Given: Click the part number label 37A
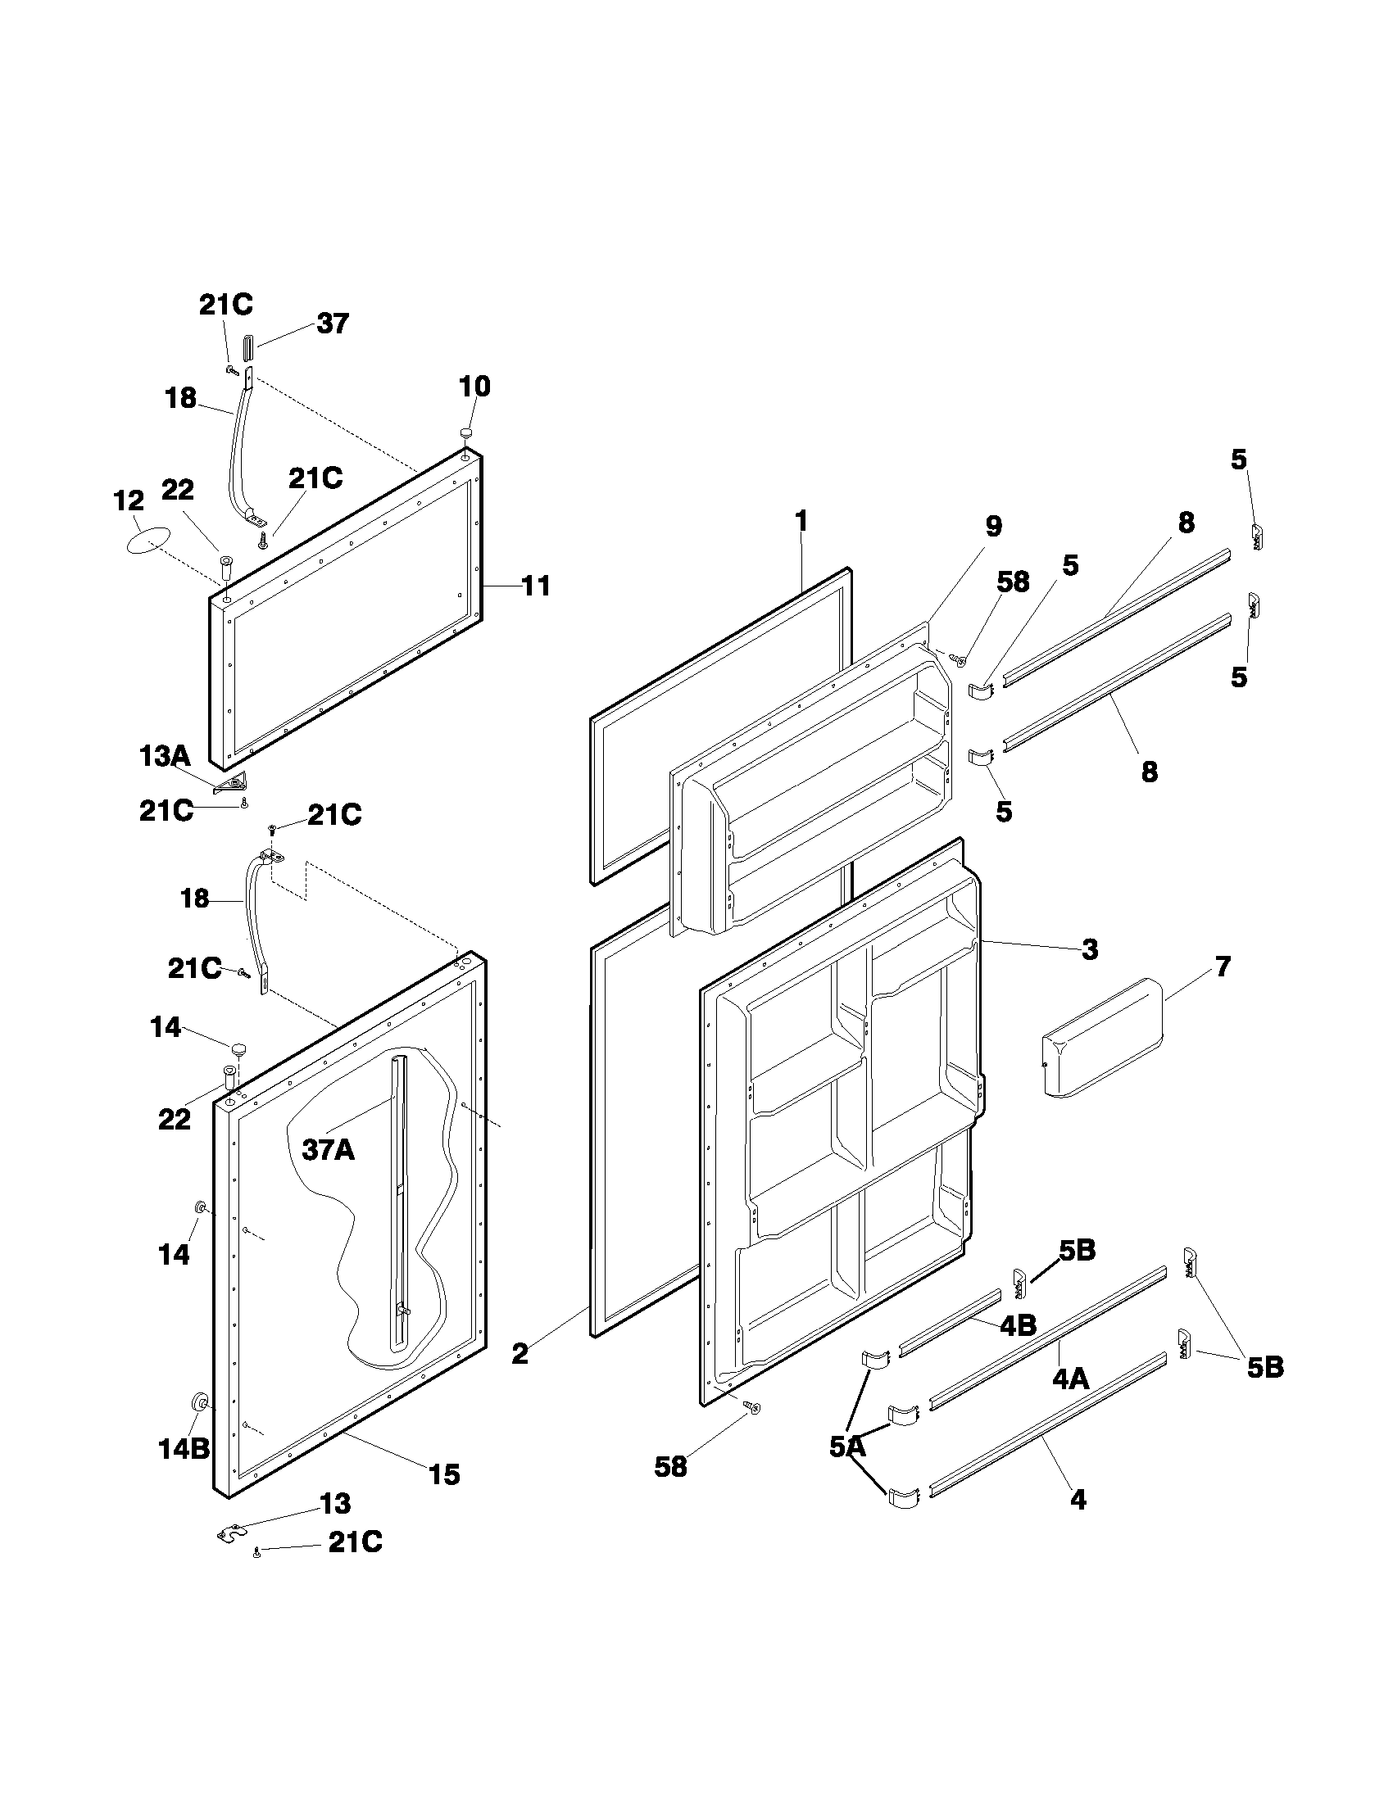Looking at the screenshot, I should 328,1149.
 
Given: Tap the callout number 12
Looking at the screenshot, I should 128,500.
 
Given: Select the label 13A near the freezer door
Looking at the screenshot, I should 164,756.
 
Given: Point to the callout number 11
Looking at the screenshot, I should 536,586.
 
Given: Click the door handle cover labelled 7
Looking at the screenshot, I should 1102,1037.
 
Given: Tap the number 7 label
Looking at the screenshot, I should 1223,967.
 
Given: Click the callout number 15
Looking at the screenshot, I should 445,1474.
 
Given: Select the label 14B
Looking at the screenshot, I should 184,1448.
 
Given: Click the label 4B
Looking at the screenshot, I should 1018,1325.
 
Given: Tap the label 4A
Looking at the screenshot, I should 1069,1378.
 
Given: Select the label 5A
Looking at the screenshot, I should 847,1446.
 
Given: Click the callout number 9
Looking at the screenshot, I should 994,526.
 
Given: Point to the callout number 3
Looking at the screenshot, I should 1090,949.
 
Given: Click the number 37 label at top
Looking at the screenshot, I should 333,324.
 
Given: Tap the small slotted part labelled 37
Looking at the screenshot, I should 250,346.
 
